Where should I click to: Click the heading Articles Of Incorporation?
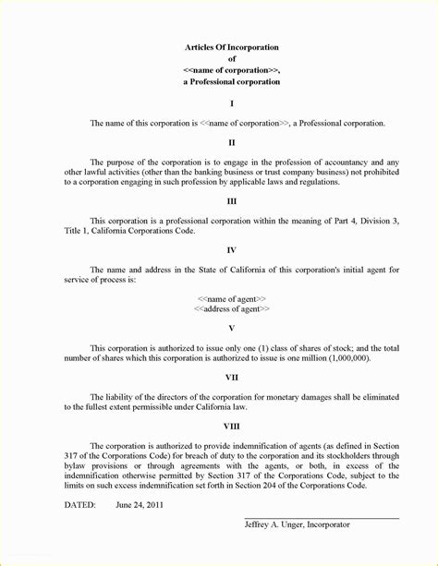coord(231,47)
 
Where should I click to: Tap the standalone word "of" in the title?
coord(231,59)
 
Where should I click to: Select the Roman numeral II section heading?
coord(231,141)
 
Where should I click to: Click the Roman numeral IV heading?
coord(231,249)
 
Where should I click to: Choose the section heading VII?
coord(231,377)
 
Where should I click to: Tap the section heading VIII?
coord(231,426)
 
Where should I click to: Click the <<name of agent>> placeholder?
coord(231,298)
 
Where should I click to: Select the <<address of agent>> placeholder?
coord(231,309)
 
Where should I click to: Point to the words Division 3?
coord(379,220)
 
